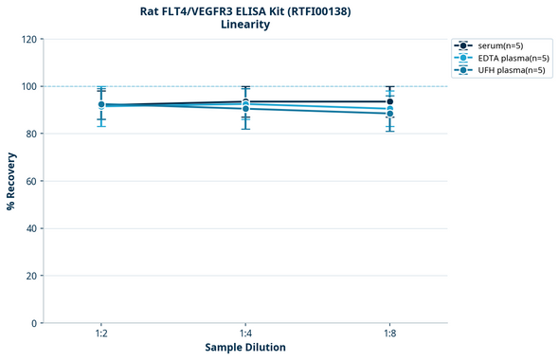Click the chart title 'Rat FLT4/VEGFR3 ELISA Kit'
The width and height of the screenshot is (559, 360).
pyautogui.click(x=244, y=10)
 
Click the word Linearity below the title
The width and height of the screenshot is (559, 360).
pyautogui.click(x=244, y=25)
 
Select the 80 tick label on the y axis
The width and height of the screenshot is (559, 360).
pyautogui.click(x=29, y=134)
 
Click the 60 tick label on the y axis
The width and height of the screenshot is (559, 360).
pyautogui.click(x=29, y=181)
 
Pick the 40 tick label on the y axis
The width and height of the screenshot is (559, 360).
pyautogui.click(x=29, y=228)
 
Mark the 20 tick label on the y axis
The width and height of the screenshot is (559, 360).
pyautogui.click(x=29, y=276)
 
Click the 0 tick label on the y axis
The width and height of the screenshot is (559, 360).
pyautogui.click(x=32, y=323)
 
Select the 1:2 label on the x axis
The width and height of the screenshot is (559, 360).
pyautogui.click(x=101, y=334)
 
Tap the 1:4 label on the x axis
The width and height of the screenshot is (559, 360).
pyautogui.click(x=245, y=334)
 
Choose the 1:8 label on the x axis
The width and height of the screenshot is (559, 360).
pyautogui.click(x=389, y=334)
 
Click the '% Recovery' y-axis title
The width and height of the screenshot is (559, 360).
pyautogui.click(x=11, y=181)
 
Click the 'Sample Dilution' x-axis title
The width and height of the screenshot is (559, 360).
pyautogui.click(x=245, y=348)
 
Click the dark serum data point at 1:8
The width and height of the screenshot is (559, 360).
pyautogui.click(x=389, y=101)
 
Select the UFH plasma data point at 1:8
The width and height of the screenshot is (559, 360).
pyautogui.click(x=389, y=114)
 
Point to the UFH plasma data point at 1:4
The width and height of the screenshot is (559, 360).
pyautogui.click(x=245, y=109)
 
